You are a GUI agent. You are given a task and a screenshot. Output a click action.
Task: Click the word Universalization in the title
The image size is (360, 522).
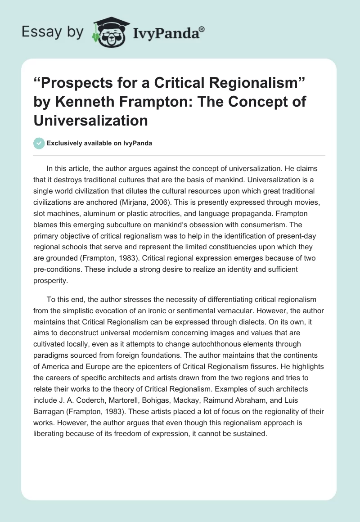[90, 120]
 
